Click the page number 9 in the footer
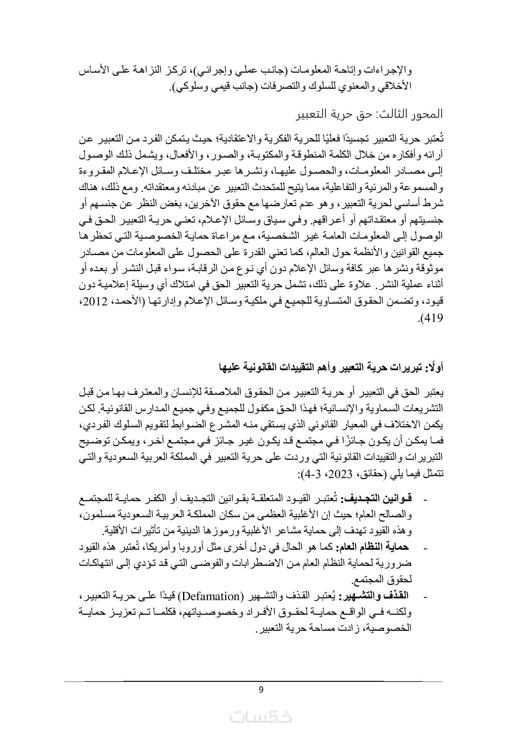[261, 689]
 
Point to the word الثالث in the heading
[390, 114]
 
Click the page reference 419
[434, 318]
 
